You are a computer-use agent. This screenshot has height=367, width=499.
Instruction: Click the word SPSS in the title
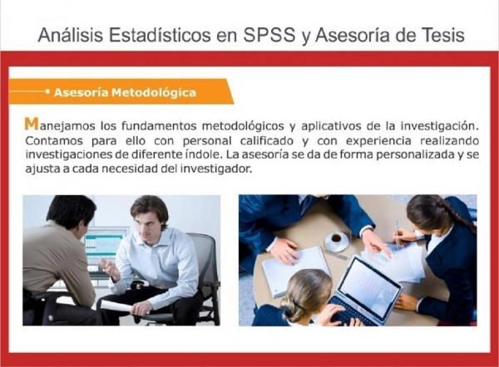[x=269, y=35]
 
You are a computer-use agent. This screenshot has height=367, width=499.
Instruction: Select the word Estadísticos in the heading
[x=160, y=35]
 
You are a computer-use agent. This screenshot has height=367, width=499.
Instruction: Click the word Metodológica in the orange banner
[x=154, y=92]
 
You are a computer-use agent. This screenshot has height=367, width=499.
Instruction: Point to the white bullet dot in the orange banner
[x=47, y=91]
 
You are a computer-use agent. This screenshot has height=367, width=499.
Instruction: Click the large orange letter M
[x=32, y=124]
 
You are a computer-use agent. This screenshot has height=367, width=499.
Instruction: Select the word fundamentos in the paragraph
[x=159, y=126]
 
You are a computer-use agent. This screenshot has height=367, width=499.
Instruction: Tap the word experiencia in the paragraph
[x=378, y=141]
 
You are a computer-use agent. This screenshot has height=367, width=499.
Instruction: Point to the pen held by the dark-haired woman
[x=398, y=232]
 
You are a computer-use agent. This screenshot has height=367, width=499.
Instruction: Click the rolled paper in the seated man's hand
[x=116, y=306]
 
